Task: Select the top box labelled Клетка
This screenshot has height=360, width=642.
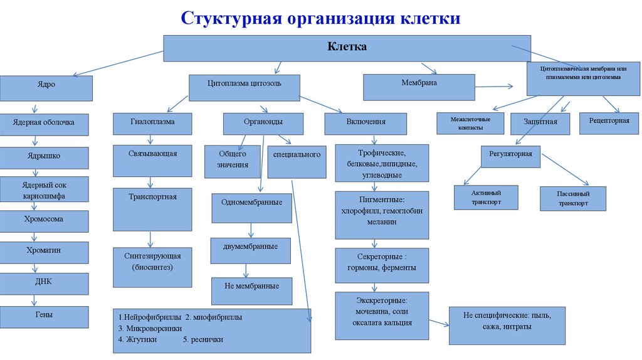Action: (x=347, y=48)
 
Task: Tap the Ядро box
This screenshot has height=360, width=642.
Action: (x=46, y=88)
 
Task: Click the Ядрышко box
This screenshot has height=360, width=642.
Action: (x=44, y=157)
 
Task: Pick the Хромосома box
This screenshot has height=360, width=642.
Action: (x=44, y=221)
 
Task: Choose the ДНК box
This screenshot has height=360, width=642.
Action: (x=44, y=283)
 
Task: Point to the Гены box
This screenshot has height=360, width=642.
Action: (x=44, y=316)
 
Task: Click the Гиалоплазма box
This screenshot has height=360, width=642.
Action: (x=152, y=123)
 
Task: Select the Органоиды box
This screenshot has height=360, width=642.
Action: (x=263, y=123)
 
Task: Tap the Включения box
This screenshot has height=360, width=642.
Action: (x=366, y=123)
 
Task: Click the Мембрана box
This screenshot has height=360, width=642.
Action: (x=419, y=87)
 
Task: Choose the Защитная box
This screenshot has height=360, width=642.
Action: (x=540, y=123)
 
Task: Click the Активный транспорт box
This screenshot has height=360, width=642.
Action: (x=486, y=196)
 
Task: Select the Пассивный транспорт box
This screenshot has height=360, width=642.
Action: (x=573, y=198)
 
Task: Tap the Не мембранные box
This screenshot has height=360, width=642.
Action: (x=251, y=288)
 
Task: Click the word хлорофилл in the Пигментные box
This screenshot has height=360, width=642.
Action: (x=362, y=211)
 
